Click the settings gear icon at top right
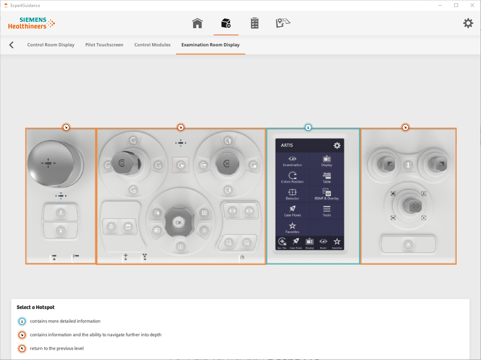468,23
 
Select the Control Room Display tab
51,45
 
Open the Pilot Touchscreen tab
104,45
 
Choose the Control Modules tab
152,45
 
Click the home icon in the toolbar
197,23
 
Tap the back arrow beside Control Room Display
11,45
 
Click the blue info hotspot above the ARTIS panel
308,127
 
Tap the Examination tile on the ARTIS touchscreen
292,161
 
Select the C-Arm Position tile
292,177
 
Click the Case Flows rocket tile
292,211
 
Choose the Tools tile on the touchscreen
326,211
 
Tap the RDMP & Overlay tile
326,194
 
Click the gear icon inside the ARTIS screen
337,146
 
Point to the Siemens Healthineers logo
31,23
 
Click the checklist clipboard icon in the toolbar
254,23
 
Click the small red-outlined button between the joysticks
181,165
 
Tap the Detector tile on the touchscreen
292,194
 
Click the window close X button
472,5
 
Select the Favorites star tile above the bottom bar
292,228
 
